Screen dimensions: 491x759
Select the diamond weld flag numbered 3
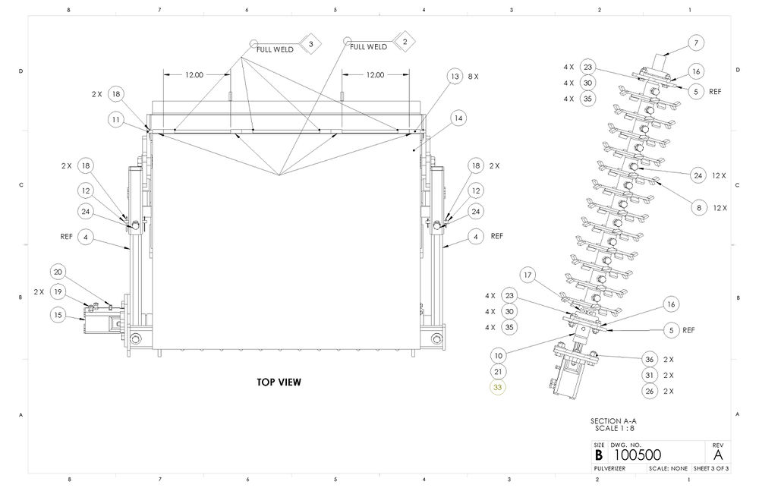tap(310, 45)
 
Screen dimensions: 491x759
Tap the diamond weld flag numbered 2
tap(405, 42)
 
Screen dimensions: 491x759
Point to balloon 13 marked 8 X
tap(454, 77)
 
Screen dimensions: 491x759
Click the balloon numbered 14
tap(458, 118)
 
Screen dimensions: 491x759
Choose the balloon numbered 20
tap(58, 272)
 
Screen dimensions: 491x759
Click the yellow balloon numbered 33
tap(498, 388)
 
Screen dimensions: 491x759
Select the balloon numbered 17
tap(528, 274)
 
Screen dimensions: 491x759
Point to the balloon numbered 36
tap(649, 359)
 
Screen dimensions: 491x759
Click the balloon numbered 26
tap(649, 391)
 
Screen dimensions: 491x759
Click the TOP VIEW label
tap(279, 382)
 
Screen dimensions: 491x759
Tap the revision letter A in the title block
tap(717, 454)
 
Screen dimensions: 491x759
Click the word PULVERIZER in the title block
tap(609, 469)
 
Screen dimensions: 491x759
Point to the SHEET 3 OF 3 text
tap(711, 469)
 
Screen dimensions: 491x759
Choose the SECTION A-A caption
tap(614, 420)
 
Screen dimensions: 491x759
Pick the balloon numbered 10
tap(498, 354)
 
